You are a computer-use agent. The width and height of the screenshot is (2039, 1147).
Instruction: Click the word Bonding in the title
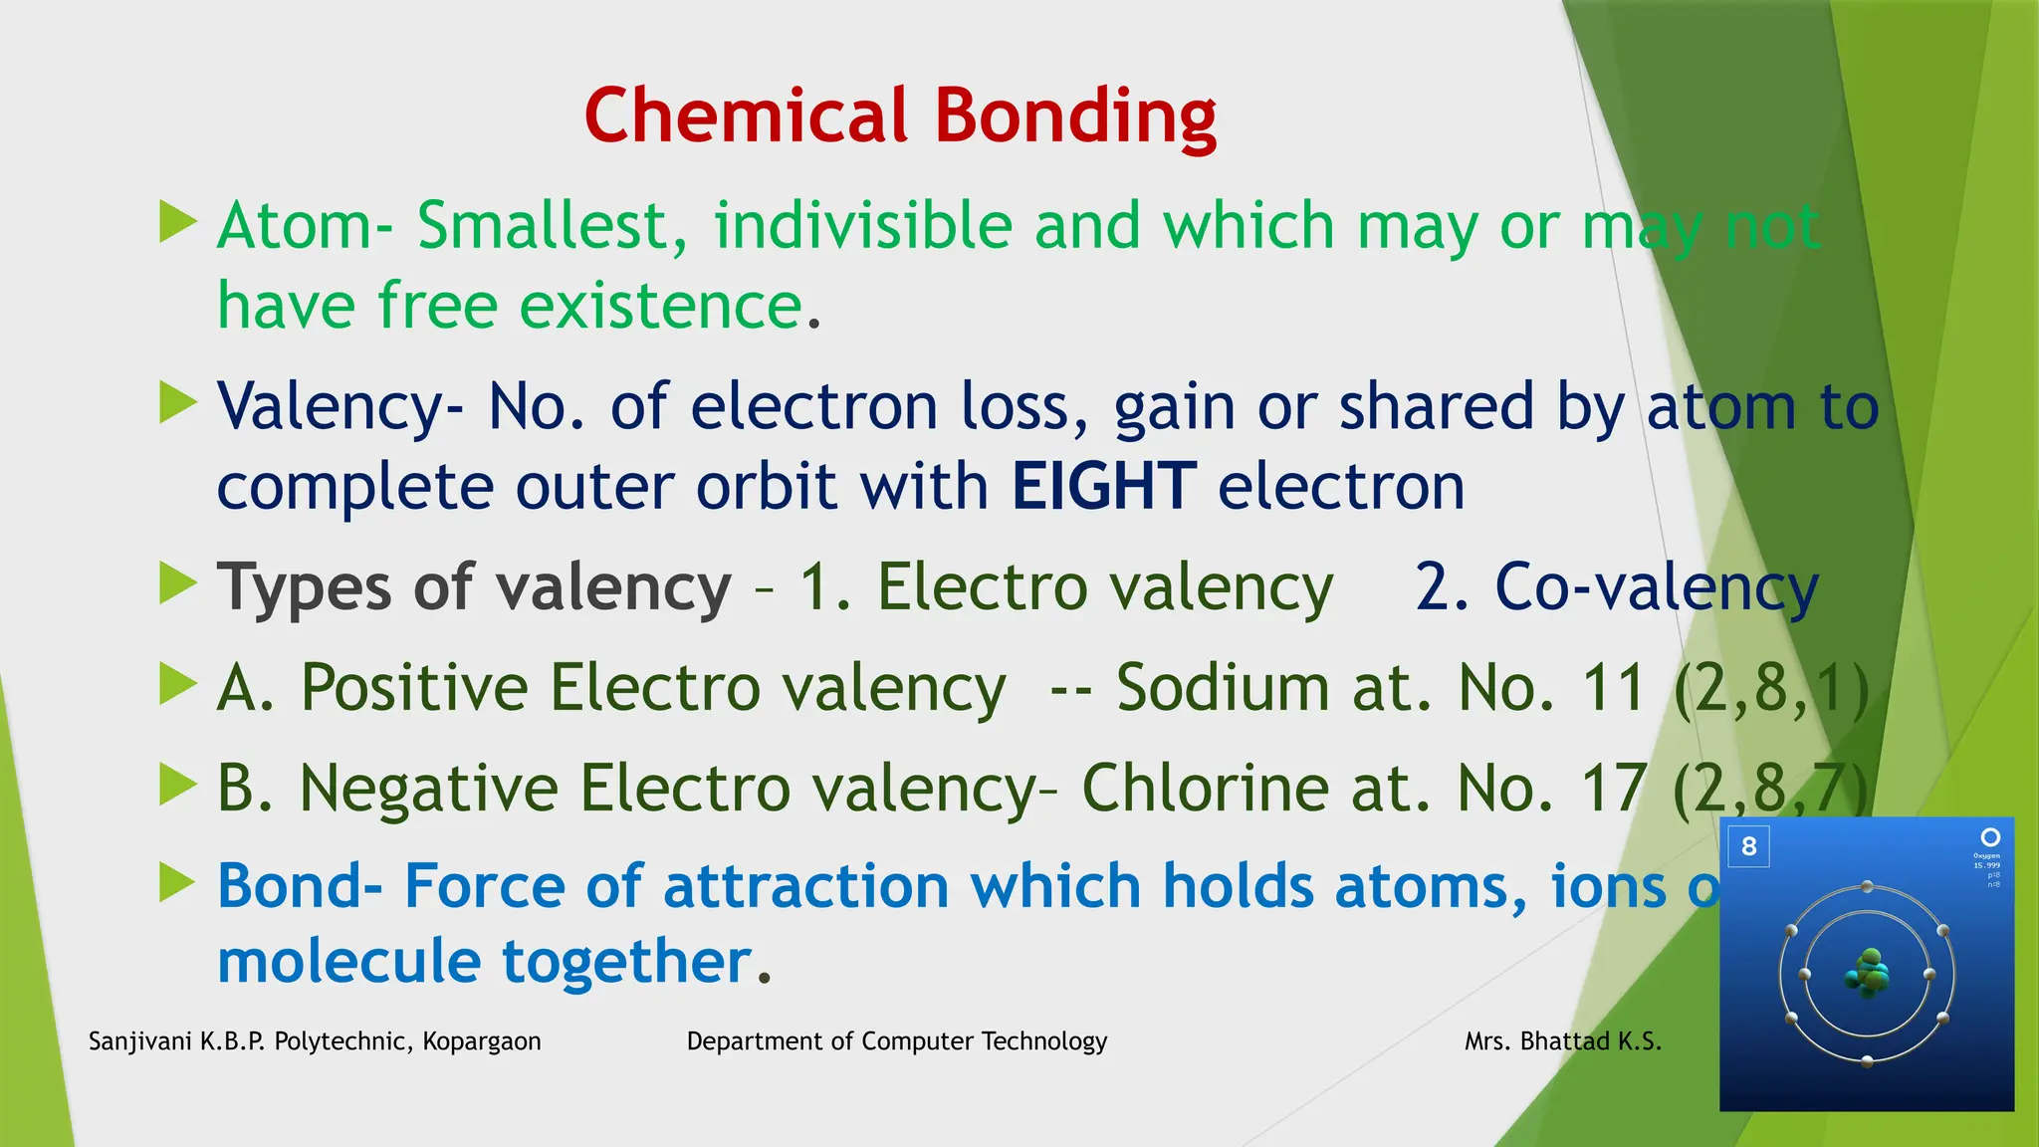(x=1075, y=117)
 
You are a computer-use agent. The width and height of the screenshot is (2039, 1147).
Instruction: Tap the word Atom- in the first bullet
(x=305, y=226)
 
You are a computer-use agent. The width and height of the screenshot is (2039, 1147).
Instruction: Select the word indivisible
(x=862, y=226)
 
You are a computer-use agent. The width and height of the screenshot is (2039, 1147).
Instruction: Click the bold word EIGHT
(x=1103, y=487)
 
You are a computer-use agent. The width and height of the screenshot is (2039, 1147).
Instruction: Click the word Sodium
(x=1223, y=688)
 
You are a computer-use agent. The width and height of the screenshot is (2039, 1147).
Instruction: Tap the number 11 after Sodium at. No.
(x=1613, y=688)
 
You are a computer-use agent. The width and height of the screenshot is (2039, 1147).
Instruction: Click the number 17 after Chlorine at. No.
(x=1613, y=789)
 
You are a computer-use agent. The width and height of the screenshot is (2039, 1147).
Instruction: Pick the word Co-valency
(x=1657, y=587)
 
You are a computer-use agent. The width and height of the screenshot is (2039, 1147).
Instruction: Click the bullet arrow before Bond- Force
(x=178, y=882)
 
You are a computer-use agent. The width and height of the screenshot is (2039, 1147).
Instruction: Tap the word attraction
(x=805, y=886)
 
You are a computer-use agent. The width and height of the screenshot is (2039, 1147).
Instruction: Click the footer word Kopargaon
(x=482, y=1041)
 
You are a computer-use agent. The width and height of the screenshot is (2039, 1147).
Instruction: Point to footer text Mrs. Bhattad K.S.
(x=1562, y=1041)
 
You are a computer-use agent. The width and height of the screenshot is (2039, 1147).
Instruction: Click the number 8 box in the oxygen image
(x=1748, y=847)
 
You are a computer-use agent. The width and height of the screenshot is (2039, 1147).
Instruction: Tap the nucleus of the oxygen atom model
(x=1868, y=974)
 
